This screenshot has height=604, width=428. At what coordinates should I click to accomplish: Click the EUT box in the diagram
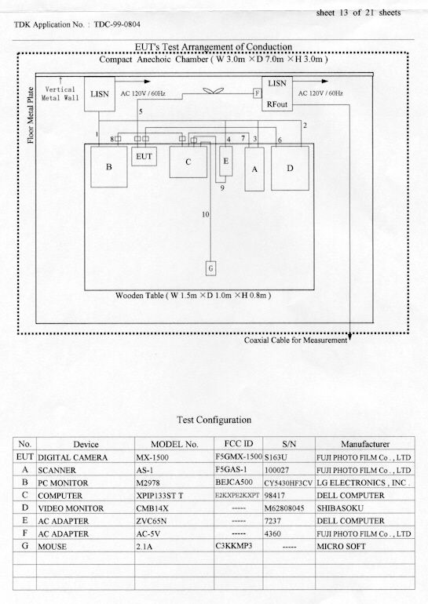click(144, 156)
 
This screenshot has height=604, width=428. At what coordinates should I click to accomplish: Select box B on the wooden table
click(108, 167)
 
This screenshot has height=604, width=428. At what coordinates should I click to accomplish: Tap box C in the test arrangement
click(188, 162)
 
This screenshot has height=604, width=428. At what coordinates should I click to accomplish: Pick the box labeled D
click(290, 168)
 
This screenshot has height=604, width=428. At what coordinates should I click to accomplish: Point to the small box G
click(210, 268)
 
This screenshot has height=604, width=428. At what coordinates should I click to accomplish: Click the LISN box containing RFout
click(277, 93)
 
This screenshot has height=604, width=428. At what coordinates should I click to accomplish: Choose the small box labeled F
click(257, 93)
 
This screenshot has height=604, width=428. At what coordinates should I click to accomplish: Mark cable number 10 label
click(206, 214)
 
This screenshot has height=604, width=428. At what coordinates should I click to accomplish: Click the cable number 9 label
click(222, 188)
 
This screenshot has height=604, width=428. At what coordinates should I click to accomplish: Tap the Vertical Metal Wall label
click(60, 93)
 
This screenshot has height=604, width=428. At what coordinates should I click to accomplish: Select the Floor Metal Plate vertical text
click(31, 115)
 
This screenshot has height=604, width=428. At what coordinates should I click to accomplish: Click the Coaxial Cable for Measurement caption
click(295, 340)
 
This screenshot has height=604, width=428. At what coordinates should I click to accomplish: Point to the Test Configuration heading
click(214, 420)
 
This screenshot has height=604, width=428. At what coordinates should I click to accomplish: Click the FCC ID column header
click(239, 443)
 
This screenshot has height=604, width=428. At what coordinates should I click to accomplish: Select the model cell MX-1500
click(152, 457)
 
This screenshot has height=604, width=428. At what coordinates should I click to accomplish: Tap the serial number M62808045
click(284, 508)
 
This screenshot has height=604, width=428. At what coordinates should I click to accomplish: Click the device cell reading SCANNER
click(57, 470)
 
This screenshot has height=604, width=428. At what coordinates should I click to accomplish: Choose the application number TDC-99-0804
click(117, 24)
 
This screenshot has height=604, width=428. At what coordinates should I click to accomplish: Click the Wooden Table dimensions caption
click(193, 296)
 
